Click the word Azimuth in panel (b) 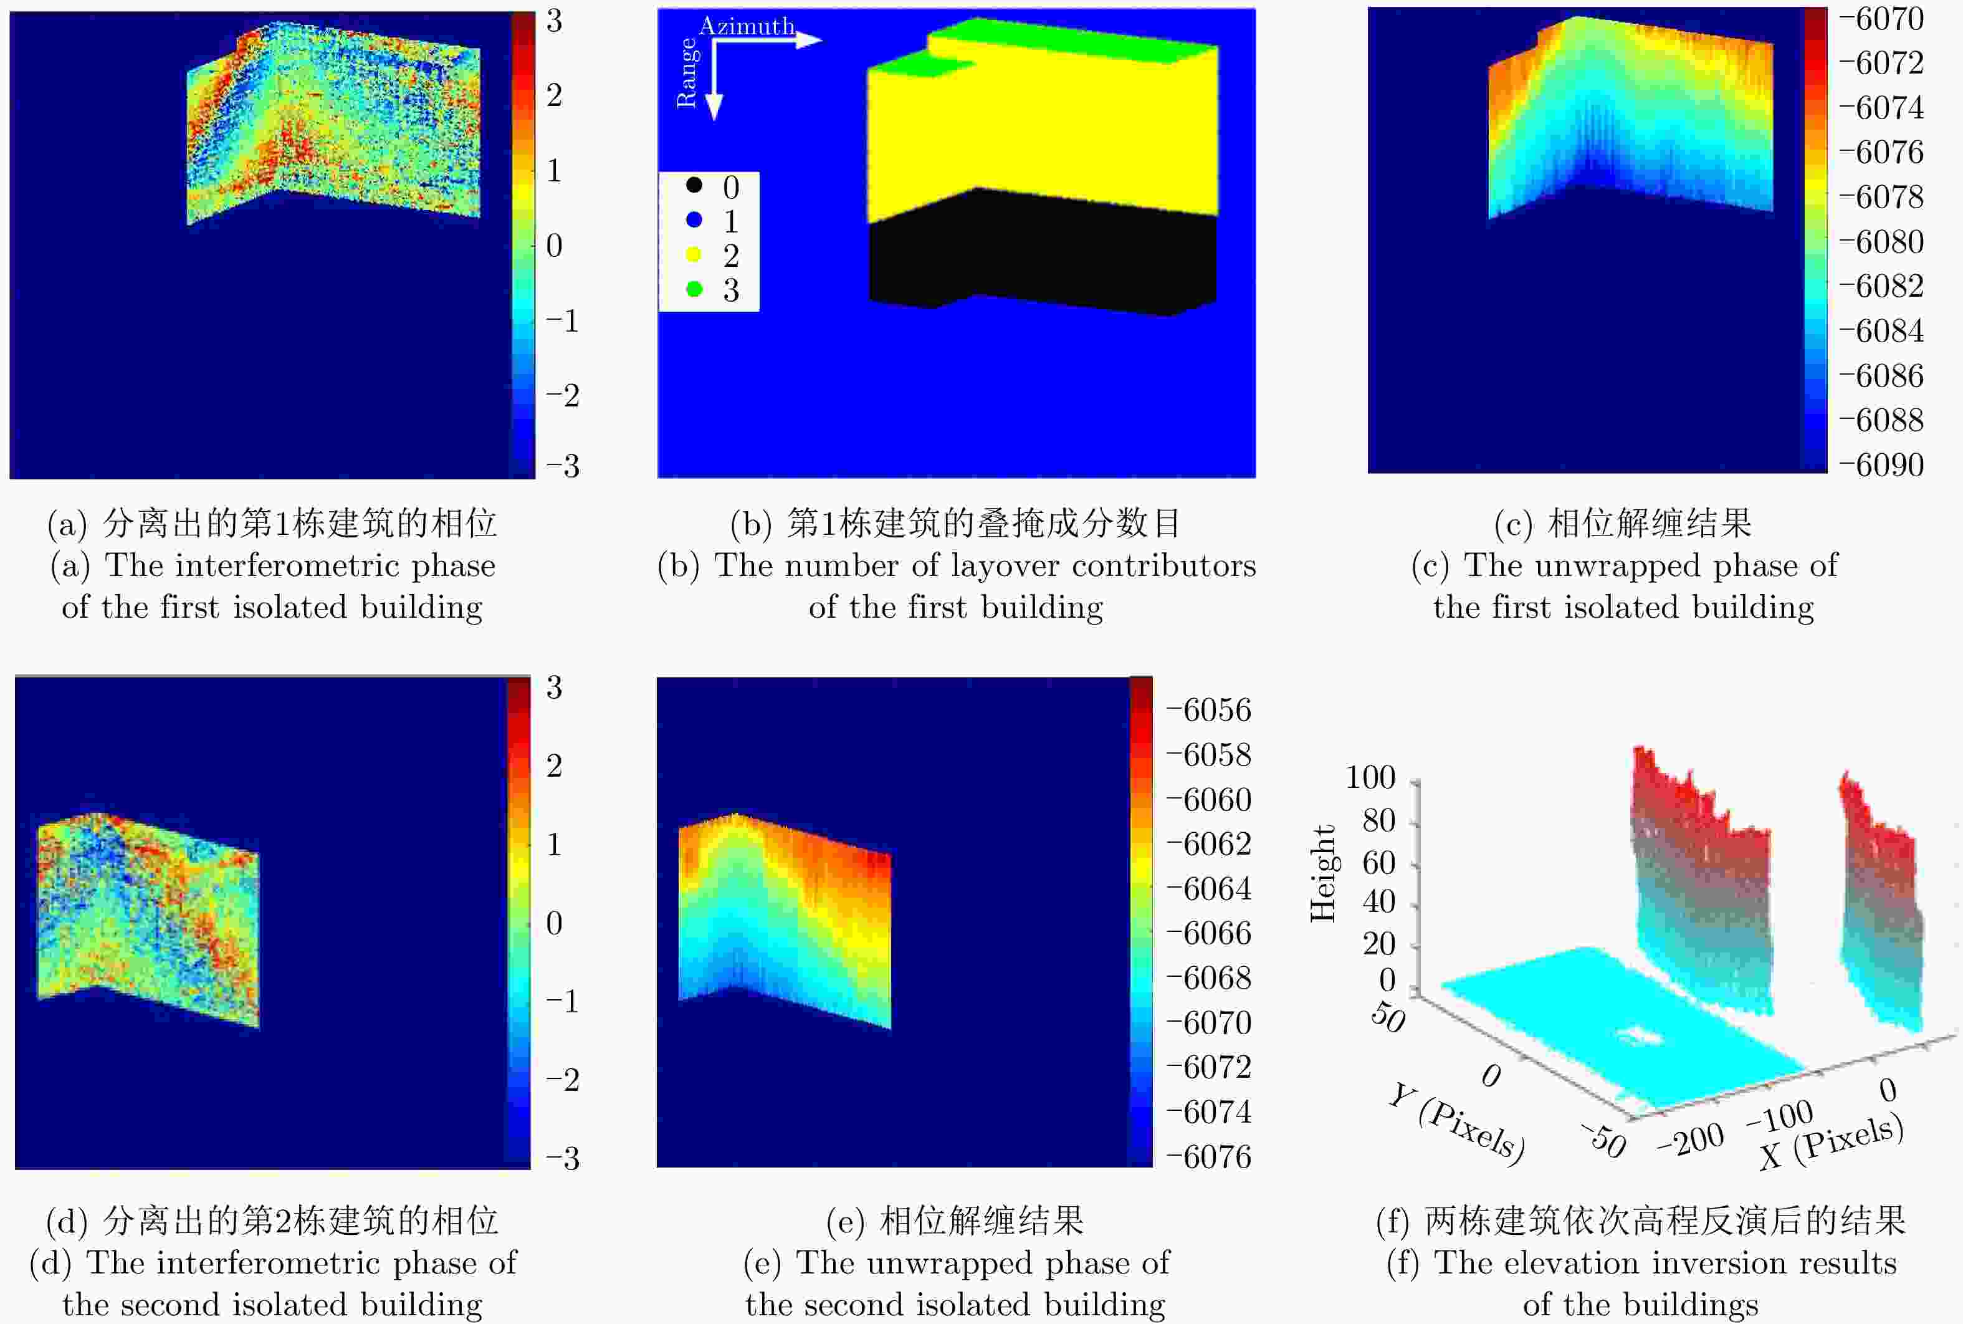click(x=747, y=26)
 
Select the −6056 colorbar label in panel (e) click(x=1208, y=710)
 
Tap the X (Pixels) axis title click(x=1832, y=1141)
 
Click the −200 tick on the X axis click(x=1691, y=1140)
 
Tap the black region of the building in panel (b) click(x=1043, y=253)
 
